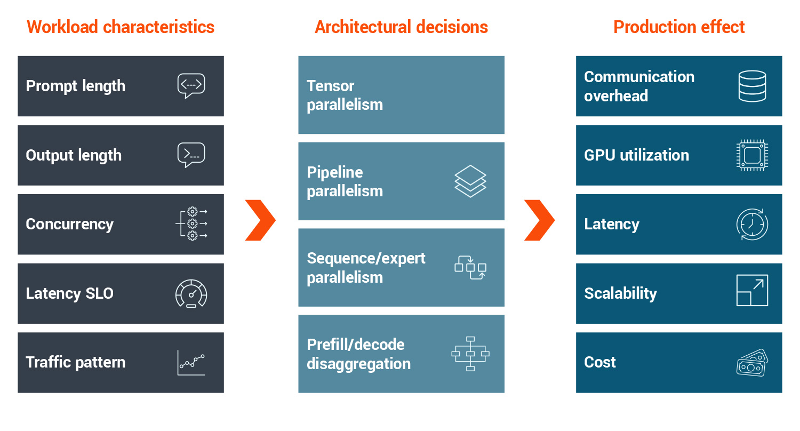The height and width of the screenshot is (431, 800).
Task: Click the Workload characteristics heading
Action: pyautogui.click(x=121, y=27)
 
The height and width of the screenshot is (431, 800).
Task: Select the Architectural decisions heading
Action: pyautogui.click(x=401, y=27)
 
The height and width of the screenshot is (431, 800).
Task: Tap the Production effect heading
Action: pyautogui.click(x=679, y=27)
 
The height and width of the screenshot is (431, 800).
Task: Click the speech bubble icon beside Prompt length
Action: pyautogui.click(x=191, y=86)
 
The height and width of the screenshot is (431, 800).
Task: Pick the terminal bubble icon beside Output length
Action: pyautogui.click(x=191, y=155)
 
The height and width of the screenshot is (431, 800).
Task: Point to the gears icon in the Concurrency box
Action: pyautogui.click(x=191, y=224)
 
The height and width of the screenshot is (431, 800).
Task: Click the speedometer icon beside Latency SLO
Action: pyautogui.click(x=191, y=293)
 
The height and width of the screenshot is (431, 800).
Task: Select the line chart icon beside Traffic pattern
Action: pyautogui.click(x=191, y=363)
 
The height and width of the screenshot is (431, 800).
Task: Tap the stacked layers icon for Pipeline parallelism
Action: pyautogui.click(x=470, y=181)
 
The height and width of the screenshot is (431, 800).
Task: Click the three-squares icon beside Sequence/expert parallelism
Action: pyautogui.click(x=470, y=267)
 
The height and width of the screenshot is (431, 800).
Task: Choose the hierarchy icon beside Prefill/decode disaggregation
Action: pyautogui.click(x=470, y=354)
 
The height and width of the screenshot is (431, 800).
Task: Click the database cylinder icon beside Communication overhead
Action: pyautogui.click(x=752, y=86)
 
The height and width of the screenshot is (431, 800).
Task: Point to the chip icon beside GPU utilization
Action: pyautogui.click(x=752, y=155)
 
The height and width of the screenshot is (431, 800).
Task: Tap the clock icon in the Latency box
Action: pyautogui.click(x=752, y=224)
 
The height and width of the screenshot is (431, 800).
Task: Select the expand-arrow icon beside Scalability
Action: pyautogui.click(x=752, y=290)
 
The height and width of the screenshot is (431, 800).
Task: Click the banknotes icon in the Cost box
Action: pyautogui.click(x=752, y=362)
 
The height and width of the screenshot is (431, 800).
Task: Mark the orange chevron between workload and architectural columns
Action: pyautogui.click(x=260, y=220)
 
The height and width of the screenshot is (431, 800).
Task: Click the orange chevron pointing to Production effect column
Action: pyautogui.click(x=539, y=220)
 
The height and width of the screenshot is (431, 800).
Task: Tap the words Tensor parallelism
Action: pyautogui.click(x=345, y=95)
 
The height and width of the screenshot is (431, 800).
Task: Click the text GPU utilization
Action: pyautogui.click(x=636, y=155)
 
